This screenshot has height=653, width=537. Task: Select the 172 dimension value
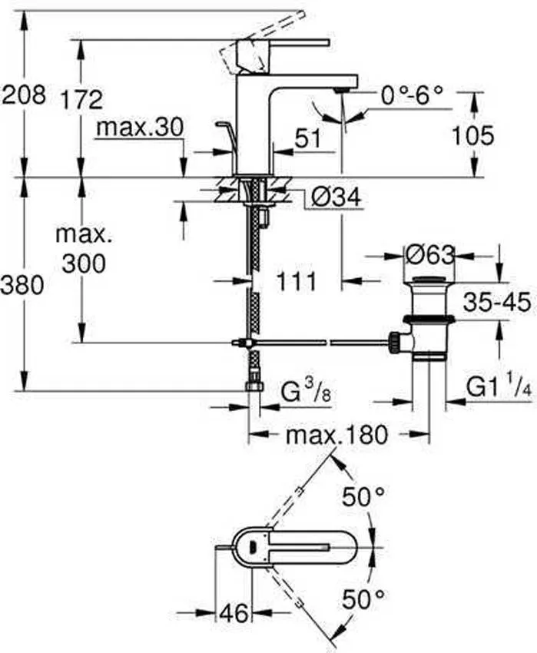(81, 98)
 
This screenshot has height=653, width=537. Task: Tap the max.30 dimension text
(140, 128)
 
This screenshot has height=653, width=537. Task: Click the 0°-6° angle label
(413, 95)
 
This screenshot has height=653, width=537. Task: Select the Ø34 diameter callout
(336, 198)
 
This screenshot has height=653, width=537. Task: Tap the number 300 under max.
(81, 264)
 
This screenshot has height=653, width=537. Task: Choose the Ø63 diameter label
(429, 254)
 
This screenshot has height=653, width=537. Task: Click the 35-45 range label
(496, 303)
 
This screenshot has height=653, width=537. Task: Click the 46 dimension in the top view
(234, 612)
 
